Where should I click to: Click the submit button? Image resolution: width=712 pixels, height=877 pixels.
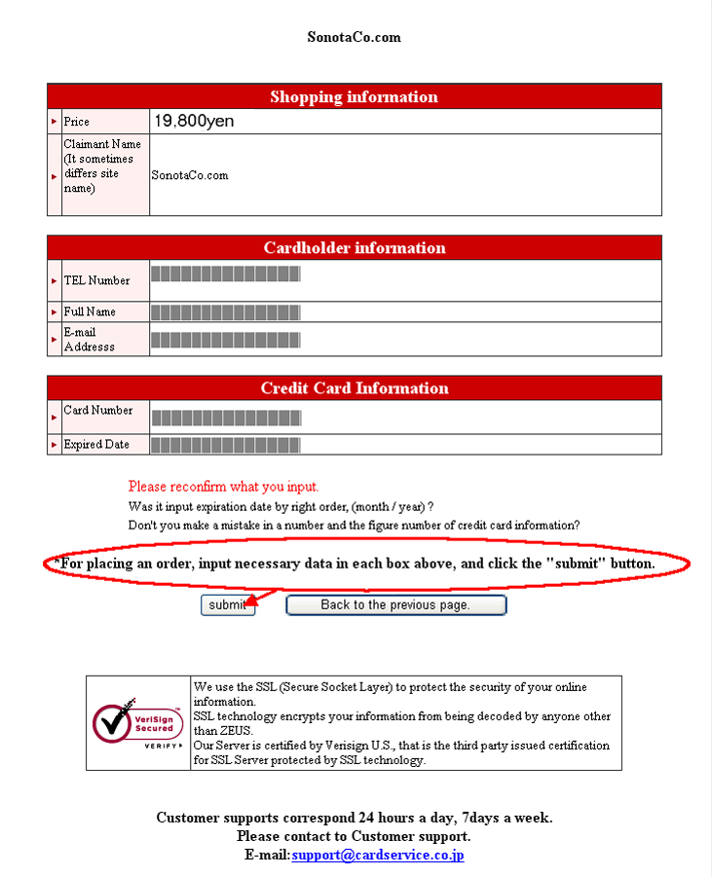(228, 605)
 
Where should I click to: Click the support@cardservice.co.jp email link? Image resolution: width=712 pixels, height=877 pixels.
(377, 855)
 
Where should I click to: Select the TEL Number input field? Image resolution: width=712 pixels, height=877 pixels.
(226, 274)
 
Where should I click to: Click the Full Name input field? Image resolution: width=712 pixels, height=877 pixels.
(226, 312)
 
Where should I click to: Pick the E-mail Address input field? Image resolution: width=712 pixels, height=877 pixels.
(226, 340)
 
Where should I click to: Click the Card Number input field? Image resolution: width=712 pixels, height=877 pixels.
(226, 418)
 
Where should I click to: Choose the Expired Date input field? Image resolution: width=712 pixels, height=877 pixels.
(226, 445)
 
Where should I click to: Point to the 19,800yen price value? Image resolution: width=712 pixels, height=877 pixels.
(194, 122)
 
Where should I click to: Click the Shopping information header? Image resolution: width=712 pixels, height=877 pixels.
(354, 96)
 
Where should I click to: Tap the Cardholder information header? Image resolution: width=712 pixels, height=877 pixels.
(354, 247)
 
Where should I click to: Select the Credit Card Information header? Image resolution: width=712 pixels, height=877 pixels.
(354, 387)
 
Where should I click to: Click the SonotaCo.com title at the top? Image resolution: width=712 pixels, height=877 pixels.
(354, 37)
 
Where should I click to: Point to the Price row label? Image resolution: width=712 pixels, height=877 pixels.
(77, 122)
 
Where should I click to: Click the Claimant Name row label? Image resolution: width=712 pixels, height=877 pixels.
(100, 165)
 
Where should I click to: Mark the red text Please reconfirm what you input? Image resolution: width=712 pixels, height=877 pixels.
(223, 486)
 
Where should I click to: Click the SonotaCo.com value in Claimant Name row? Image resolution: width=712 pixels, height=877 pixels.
(190, 175)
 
